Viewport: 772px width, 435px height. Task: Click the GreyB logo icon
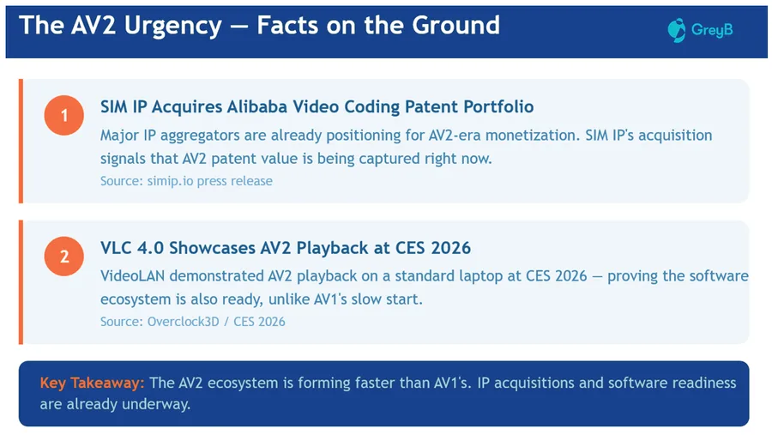pyautogui.click(x=677, y=30)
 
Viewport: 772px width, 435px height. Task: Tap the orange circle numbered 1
pyautogui.click(x=64, y=115)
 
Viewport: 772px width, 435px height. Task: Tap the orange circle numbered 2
pyautogui.click(x=64, y=257)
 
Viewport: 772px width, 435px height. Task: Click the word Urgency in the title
pyautogui.click(x=172, y=26)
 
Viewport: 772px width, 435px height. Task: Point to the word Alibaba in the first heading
pyautogui.click(x=257, y=107)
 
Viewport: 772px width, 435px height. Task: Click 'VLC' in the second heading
pyautogui.click(x=116, y=248)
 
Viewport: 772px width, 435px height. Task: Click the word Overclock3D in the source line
pyautogui.click(x=184, y=322)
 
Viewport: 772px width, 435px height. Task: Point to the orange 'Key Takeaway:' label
pyautogui.click(x=92, y=384)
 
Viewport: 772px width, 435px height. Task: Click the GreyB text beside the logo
pyautogui.click(x=712, y=30)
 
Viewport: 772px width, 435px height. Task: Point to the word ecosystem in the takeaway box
pyautogui.click(x=243, y=384)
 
